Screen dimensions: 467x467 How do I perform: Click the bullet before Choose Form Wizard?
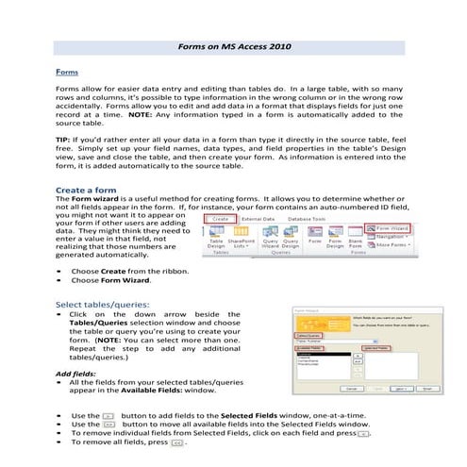(x=59, y=280)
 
